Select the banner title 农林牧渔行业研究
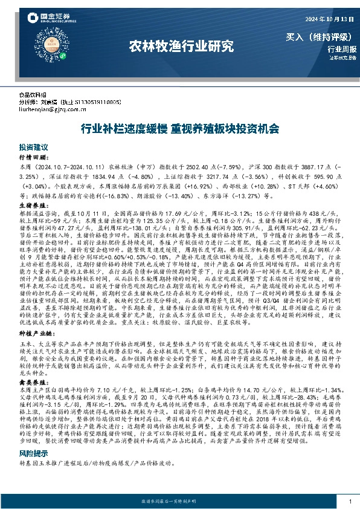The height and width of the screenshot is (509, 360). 181,45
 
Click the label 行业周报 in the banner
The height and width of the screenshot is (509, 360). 342,49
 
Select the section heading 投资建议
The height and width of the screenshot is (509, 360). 33,147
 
